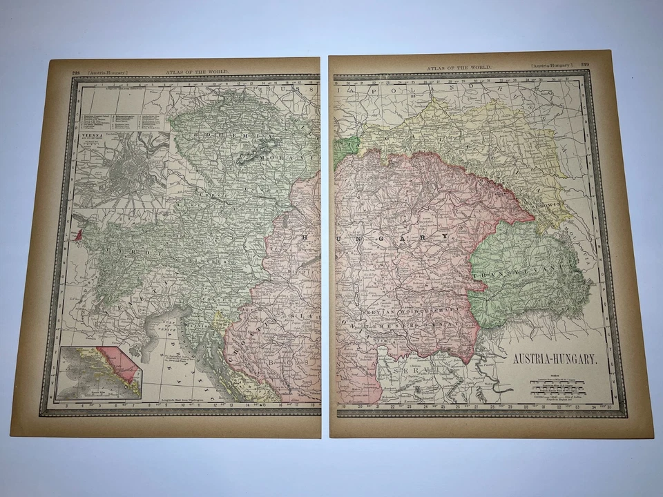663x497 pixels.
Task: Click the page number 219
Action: (584, 65)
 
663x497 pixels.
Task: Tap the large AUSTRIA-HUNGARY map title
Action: (550, 360)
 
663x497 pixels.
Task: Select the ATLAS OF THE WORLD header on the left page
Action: (197, 71)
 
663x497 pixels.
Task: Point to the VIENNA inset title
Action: (90, 136)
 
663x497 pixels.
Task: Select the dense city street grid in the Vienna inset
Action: (128, 169)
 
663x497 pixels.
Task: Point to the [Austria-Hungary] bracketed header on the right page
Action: (552, 65)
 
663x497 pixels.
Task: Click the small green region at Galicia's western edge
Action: (346, 148)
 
